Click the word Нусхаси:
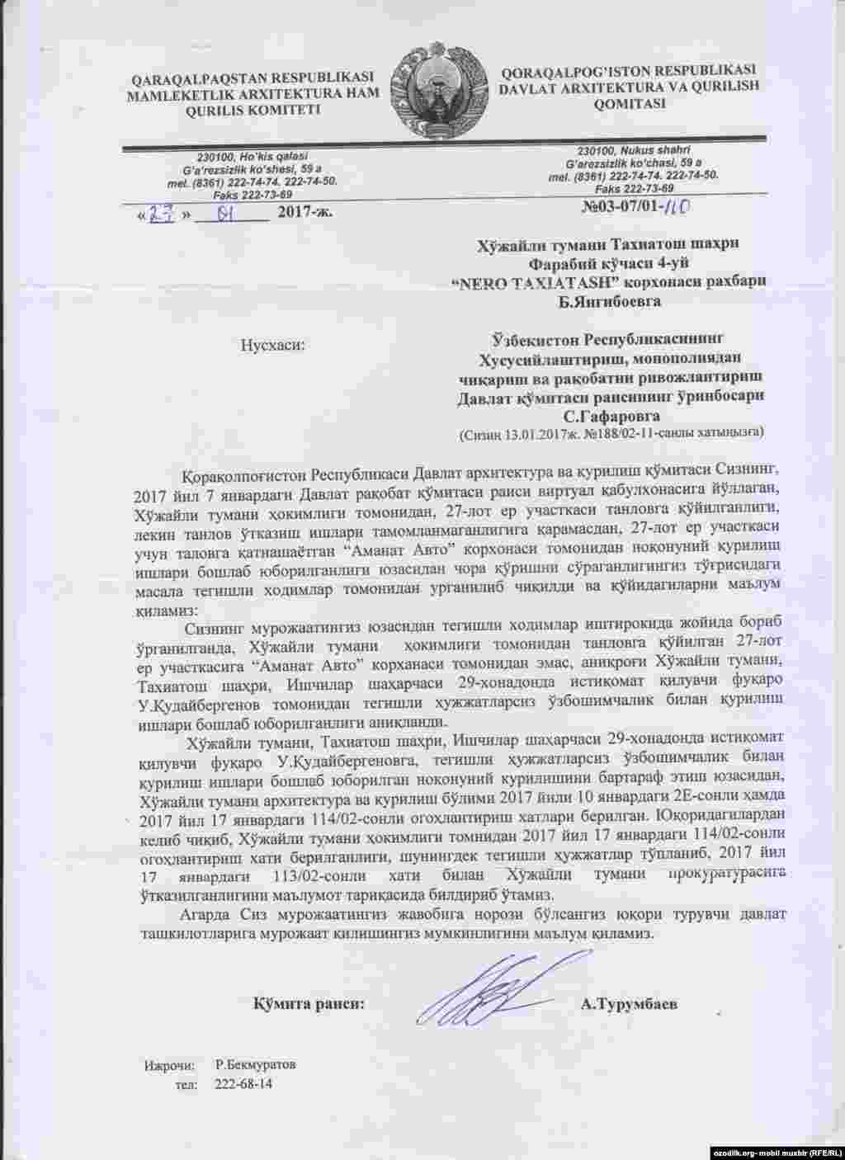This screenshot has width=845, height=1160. [272, 344]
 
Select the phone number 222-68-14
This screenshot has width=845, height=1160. [243, 1083]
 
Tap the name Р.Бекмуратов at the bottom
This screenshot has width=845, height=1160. [256, 1064]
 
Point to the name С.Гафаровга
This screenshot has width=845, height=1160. [611, 416]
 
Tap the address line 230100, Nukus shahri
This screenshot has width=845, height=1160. [632, 150]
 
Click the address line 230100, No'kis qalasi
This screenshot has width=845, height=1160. [253, 157]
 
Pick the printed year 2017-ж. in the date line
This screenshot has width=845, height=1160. [306, 213]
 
